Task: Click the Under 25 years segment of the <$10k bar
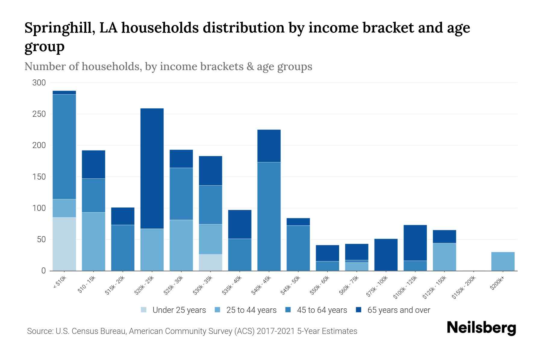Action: tap(64, 244)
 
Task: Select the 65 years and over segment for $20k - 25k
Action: tap(152, 168)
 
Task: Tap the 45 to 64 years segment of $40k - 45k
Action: tap(269, 216)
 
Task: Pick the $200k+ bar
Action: tap(503, 261)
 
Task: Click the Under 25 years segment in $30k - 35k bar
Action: tap(210, 263)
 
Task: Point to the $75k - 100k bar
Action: tap(386, 255)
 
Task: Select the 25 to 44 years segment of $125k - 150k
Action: tap(444, 257)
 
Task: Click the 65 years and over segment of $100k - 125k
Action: tap(415, 243)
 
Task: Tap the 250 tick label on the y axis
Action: tap(39, 114)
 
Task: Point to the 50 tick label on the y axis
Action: tap(41, 239)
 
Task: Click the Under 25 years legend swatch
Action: tap(144, 310)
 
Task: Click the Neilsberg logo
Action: tap(481, 328)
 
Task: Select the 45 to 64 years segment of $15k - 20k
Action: tap(123, 248)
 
